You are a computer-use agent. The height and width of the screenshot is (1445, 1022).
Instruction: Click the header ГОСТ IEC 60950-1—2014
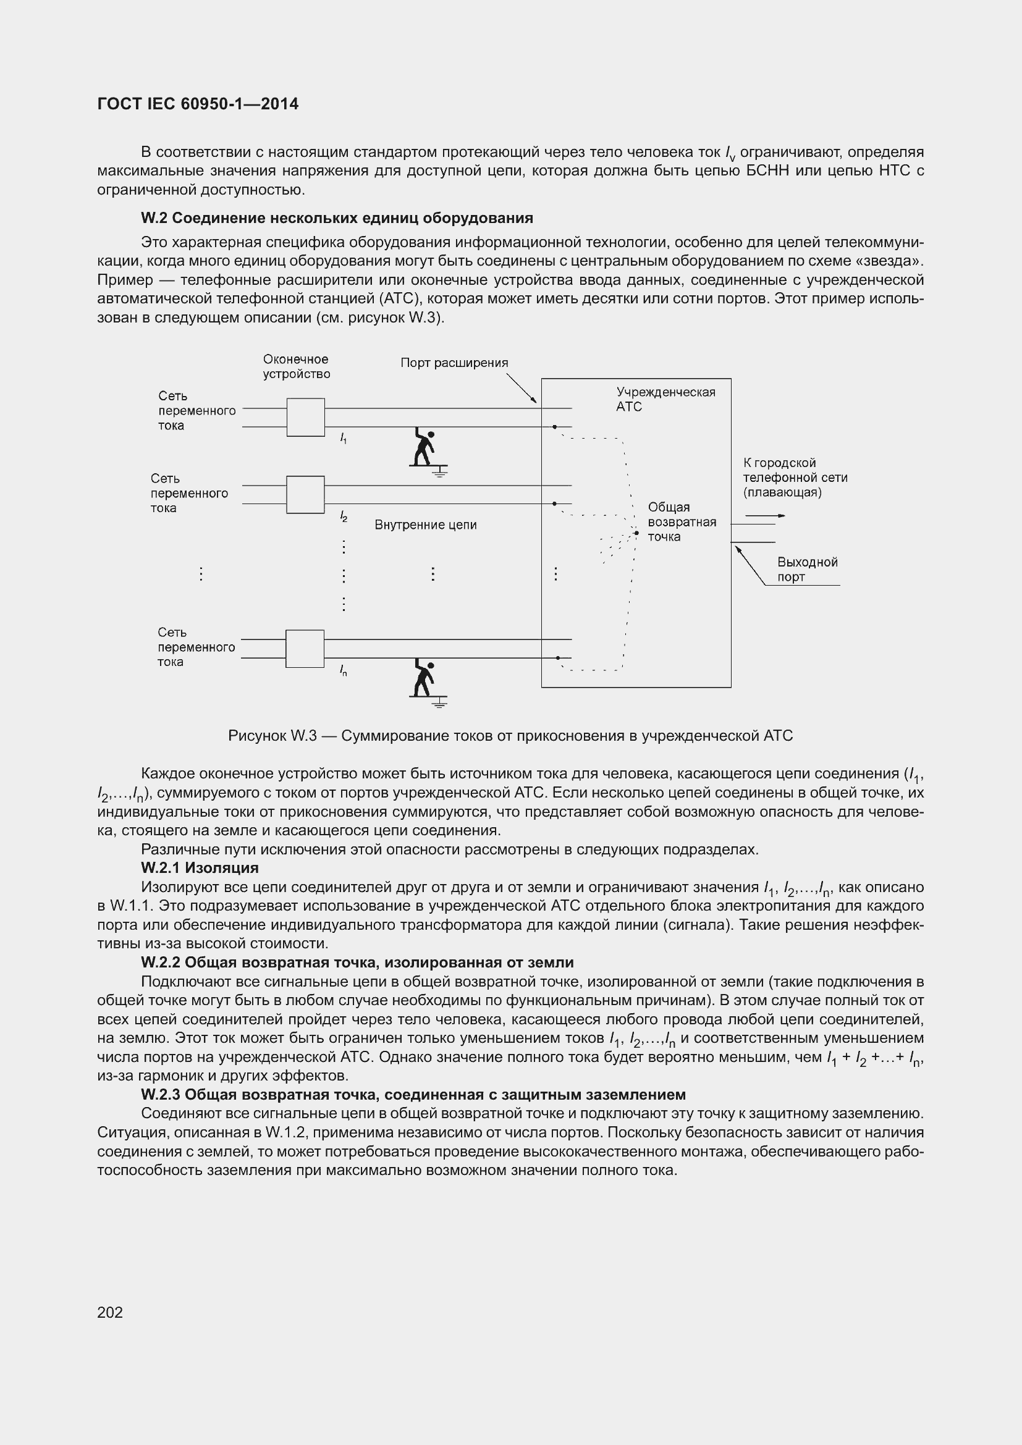click(x=198, y=104)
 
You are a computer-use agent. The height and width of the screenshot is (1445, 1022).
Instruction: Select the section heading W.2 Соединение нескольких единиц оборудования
click(x=337, y=218)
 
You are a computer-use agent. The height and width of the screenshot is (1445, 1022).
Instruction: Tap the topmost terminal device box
click(x=305, y=417)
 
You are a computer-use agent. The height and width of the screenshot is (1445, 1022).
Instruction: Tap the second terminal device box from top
click(x=305, y=495)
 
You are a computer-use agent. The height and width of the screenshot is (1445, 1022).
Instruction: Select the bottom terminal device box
click(x=305, y=648)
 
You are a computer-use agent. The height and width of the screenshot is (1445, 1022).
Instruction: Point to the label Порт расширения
click(x=454, y=363)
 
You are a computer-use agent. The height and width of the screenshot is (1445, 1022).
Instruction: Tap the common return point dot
click(x=636, y=533)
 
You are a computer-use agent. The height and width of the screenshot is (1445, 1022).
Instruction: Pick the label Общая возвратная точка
click(x=681, y=522)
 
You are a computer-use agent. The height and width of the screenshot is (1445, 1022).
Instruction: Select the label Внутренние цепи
click(x=425, y=525)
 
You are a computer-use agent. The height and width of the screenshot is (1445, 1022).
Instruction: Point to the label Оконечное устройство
click(x=296, y=367)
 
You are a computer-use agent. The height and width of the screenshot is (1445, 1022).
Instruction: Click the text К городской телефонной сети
click(x=794, y=477)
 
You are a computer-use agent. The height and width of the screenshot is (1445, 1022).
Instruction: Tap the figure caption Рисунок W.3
click(x=510, y=736)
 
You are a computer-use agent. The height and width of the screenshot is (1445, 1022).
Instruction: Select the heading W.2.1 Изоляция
click(x=200, y=868)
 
